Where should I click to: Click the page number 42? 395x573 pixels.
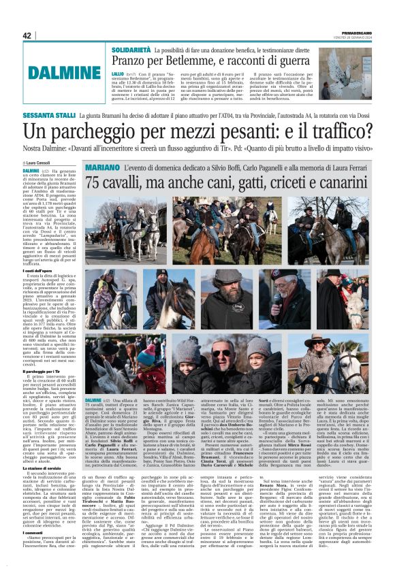tap(27, 35)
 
